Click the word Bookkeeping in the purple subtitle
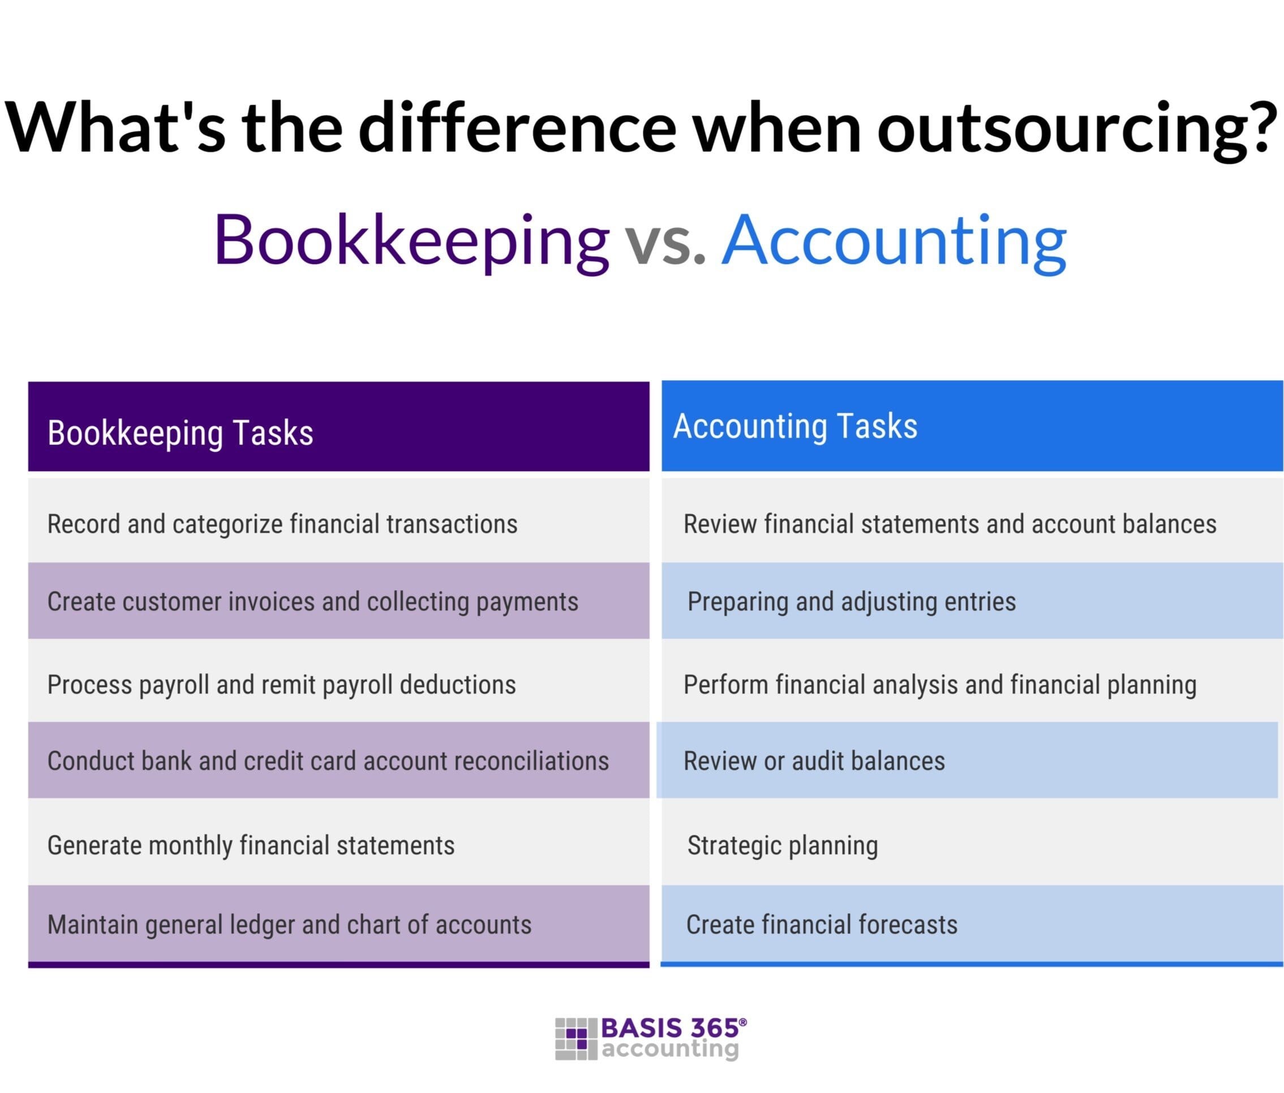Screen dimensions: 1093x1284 click(411, 240)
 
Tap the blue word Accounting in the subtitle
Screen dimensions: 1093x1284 click(894, 240)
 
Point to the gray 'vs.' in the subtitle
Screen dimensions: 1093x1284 click(664, 243)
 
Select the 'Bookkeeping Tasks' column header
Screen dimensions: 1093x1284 click(180, 432)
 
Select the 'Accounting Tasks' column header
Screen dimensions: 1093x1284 click(795, 427)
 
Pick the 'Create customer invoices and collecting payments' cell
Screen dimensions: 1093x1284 click(312, 601)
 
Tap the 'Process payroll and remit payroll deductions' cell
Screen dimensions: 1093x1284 click(281, 685)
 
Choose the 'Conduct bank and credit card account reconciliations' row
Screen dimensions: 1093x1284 click(328, 761)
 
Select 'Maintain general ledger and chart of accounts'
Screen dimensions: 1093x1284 click(289, 924)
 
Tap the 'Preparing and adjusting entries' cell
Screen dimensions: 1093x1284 click(852, 601)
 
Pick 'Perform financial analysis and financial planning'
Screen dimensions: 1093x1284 click(939, 685)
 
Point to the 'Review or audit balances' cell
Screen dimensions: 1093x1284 click(814, 761)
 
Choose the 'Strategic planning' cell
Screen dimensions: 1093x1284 click(782, 845)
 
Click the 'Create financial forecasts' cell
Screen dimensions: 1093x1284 click(821, 924)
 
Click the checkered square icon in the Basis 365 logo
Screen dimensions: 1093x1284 click(576, 1039)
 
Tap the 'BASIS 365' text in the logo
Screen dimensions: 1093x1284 click(670, 1028)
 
